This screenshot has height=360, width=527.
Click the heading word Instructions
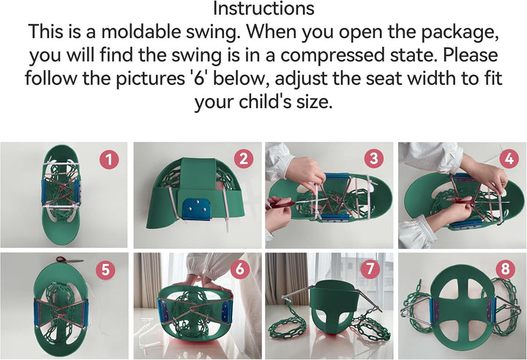point(263,9)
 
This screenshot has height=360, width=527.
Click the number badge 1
point(109,159)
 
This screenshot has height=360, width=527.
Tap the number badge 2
point(243,159)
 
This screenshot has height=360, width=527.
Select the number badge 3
point(373,159)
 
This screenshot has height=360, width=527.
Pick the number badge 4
point(509,159)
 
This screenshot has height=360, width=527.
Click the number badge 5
point(105,269)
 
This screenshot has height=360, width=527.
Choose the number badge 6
point(239,269)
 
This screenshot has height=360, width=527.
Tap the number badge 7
point(370,269)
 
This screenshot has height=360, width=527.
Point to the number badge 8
point(505,269)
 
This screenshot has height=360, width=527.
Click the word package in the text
point(460,32)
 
